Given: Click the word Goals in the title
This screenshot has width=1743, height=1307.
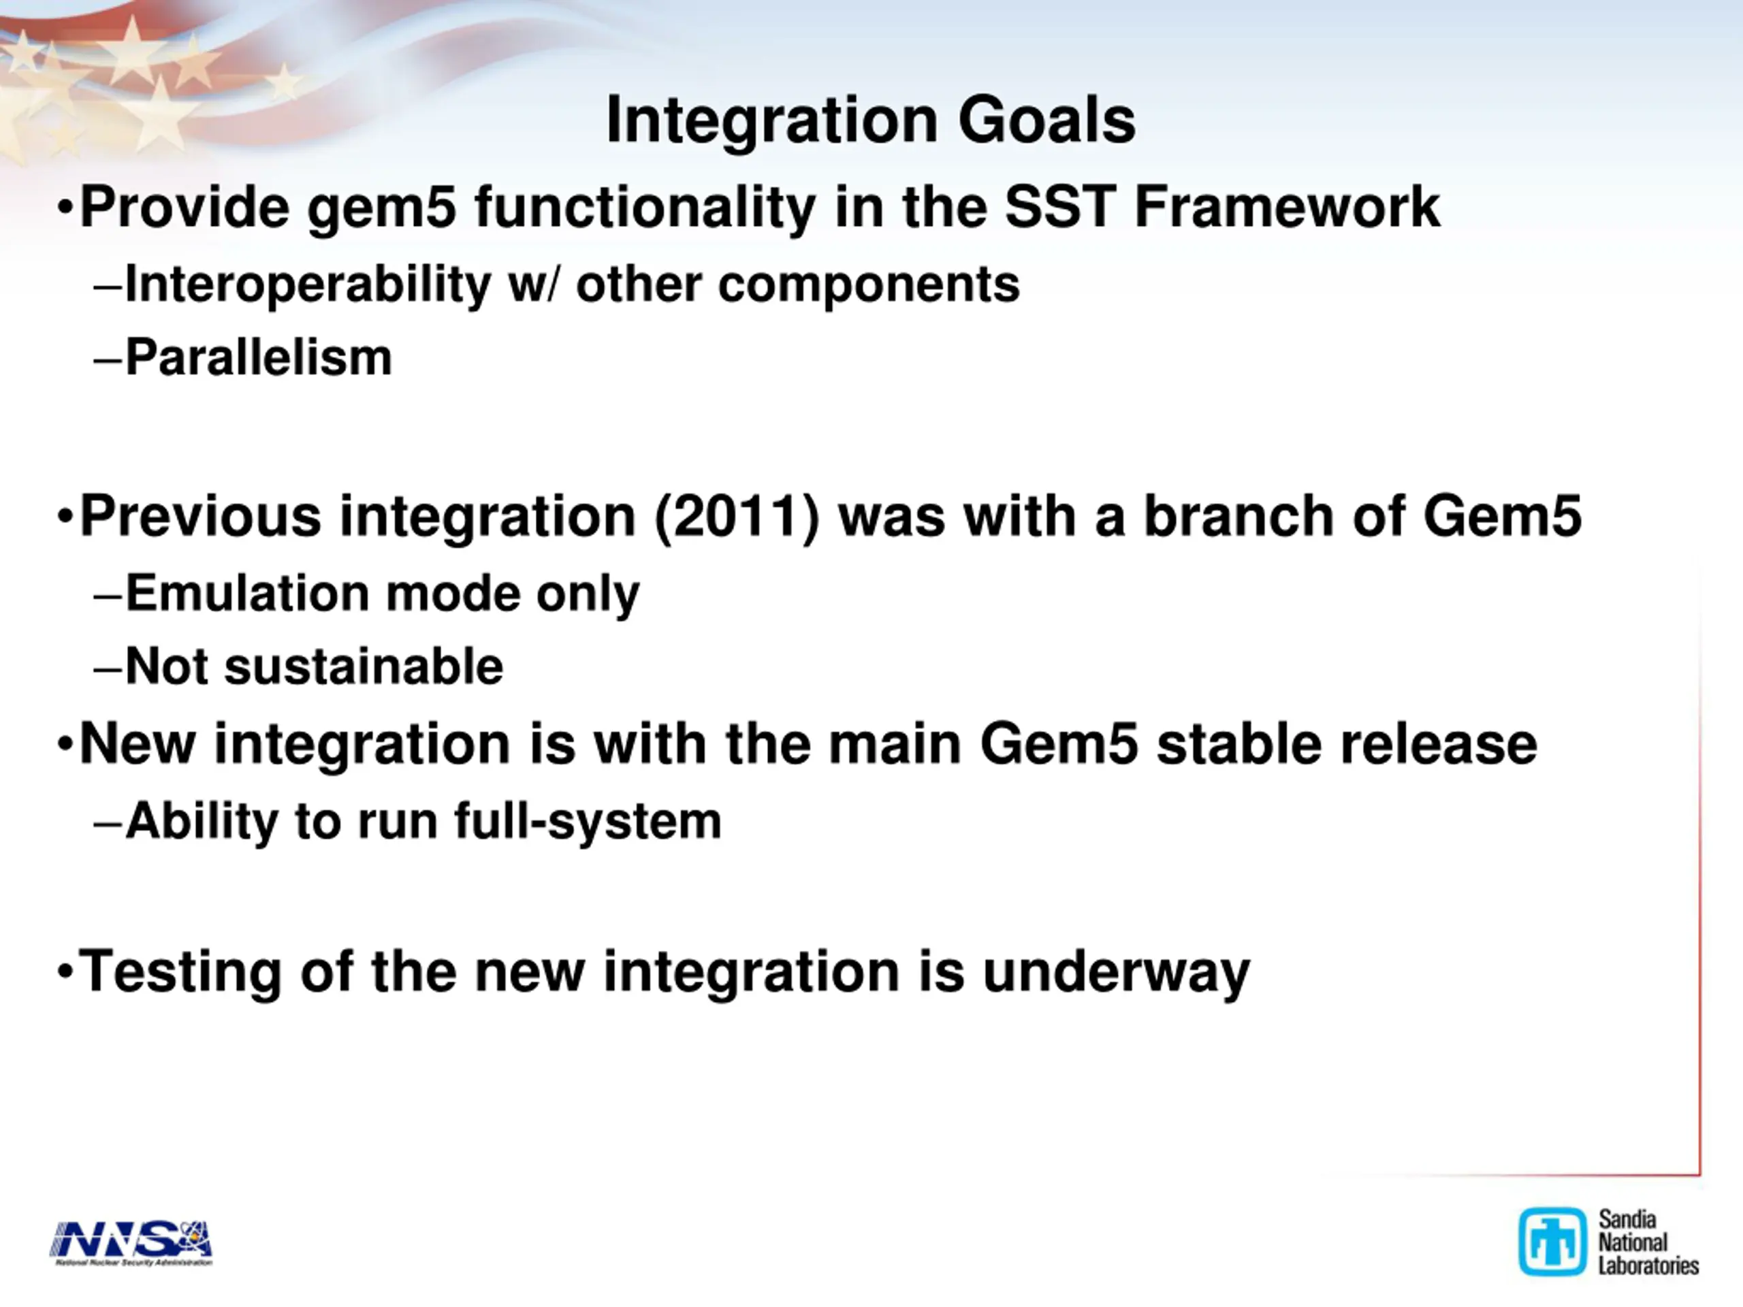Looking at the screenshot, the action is point(1047,120).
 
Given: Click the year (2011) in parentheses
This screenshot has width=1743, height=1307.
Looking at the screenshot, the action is point(737,517).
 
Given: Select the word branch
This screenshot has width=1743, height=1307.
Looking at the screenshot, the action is point(1238,516).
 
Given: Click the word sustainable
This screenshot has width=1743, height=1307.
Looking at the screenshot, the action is point(364,667).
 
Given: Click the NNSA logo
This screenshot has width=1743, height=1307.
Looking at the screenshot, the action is point(131,1243).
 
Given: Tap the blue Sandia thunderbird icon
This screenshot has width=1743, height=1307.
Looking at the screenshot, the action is point(1552,1242).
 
